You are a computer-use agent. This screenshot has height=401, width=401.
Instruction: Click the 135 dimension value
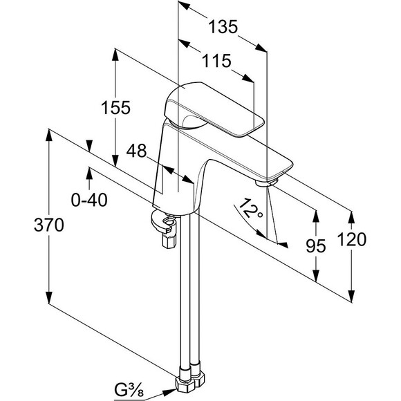pos(223,27)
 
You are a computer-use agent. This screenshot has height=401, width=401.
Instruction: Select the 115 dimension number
pos(216,61)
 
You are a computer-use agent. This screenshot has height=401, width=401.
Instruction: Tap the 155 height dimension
pos(115,107)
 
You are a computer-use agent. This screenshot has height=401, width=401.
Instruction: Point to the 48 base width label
pos(136,151)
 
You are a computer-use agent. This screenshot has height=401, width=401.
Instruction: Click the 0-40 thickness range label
pos(89,200)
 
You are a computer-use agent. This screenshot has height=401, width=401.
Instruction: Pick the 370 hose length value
pos(48,225)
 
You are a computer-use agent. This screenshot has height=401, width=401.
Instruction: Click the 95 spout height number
pos(316,246)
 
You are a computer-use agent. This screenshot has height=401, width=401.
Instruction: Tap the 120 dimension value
pos(352,240)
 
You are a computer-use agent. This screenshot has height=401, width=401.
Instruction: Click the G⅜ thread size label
pos(129,391)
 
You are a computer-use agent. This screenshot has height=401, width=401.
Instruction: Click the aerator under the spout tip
pos(267,183)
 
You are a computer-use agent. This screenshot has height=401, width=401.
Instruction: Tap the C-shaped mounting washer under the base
pos(162,221)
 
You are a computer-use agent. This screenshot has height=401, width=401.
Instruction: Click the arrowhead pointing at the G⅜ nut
pos(169,392)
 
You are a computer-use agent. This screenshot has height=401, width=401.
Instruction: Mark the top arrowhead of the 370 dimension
pos(49,135)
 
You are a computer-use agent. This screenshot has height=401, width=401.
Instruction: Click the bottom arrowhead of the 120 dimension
pos(352,297)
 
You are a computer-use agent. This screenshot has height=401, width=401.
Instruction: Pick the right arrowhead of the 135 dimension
pos(261,48)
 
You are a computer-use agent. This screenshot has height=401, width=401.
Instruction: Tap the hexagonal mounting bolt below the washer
pos(169,241)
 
